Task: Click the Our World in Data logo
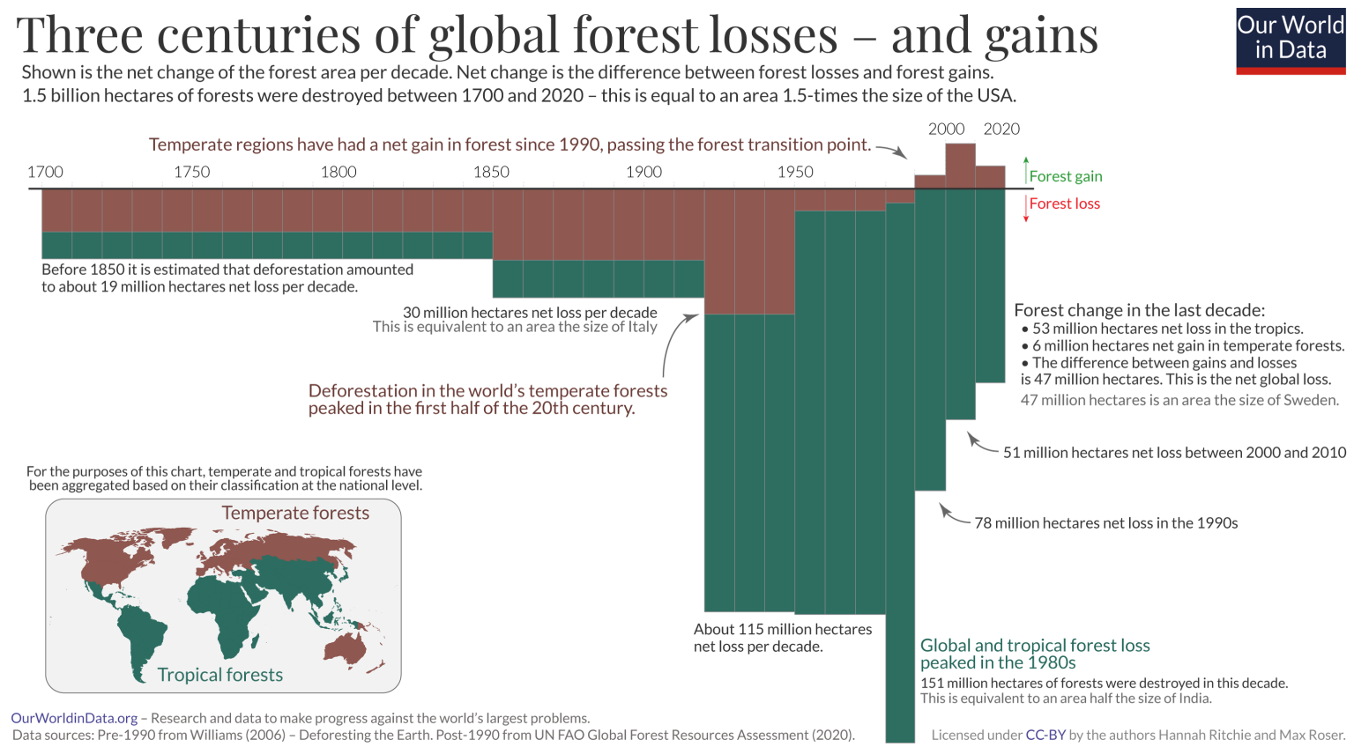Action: coord(1291,41)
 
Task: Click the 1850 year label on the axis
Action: coord(491,172)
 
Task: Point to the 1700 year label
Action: coord(45,172)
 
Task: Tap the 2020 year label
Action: coord(1001,129)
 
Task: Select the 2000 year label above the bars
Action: coord(946,129)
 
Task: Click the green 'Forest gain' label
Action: coord(1065,176)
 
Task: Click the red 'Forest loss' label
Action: coord(1064,203)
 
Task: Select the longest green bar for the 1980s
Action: coord(900,476)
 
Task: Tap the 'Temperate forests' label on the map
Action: coord(295,513)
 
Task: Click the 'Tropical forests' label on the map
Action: coord(220,675)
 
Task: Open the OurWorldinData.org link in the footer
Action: coord(74,718)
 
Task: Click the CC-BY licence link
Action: coord(1045,735)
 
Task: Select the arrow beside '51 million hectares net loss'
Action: coord(980,443)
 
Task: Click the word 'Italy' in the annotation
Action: coord(642,327)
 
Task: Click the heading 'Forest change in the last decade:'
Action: coord(1139,310)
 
